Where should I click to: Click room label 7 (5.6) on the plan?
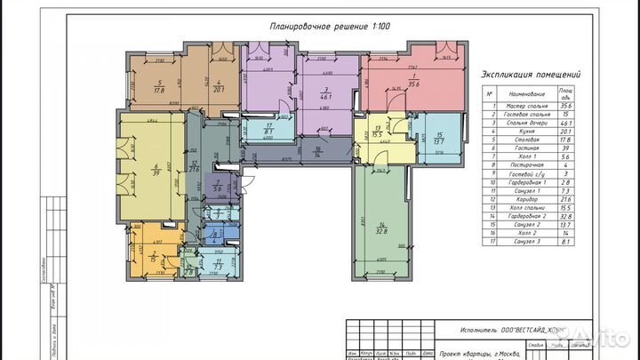point(220,187)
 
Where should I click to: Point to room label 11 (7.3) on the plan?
point(219,265)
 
